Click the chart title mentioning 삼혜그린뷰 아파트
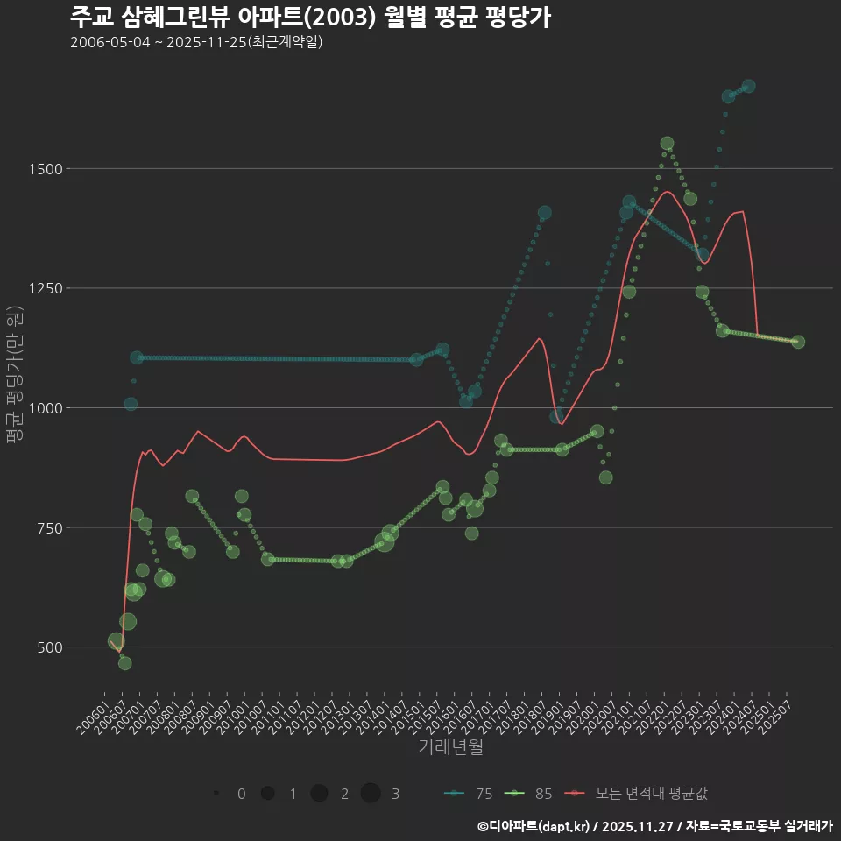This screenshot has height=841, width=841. point(310,17)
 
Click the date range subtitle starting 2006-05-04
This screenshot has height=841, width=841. point(196,42)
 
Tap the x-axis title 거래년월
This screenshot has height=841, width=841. point(450,747)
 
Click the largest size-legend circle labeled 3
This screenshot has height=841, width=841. point(371,794)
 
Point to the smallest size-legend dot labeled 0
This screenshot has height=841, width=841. point(216,794)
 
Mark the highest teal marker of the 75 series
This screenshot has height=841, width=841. point(748,86)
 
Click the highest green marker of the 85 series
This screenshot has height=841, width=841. point(667,143)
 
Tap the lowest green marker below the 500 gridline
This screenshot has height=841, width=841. point(125,663)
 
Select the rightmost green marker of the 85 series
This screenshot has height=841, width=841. point(798,342)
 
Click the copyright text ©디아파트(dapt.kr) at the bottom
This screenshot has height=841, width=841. point(534,826)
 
